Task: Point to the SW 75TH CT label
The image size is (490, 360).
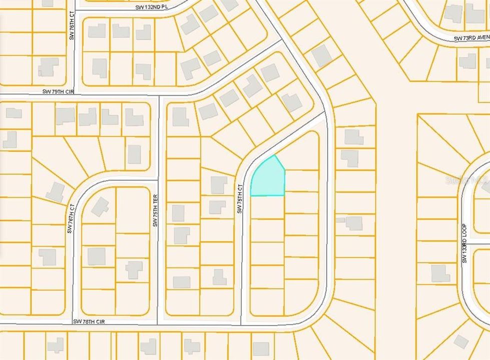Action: coord(240,198)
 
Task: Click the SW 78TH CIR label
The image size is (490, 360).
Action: coord(91,321)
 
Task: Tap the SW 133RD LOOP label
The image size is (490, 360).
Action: coord(464,243)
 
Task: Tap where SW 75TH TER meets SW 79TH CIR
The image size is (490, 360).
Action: coord(159,95)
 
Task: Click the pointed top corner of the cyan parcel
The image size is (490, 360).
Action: coord(275,155)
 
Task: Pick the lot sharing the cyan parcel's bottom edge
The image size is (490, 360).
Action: coord(267,206)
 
